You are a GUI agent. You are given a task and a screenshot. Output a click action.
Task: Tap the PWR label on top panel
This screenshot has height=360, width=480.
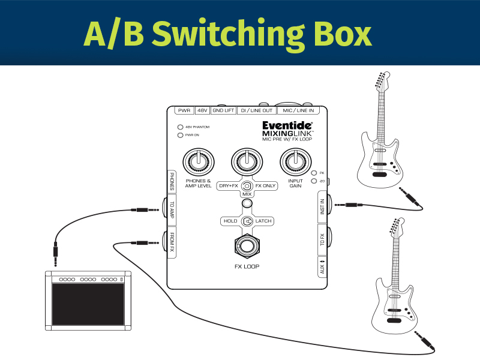pos(184,111)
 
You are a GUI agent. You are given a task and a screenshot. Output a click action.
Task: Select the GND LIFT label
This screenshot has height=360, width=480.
pos(223,111)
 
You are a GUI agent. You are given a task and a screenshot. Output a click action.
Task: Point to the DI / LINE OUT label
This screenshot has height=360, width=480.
pos(256,111)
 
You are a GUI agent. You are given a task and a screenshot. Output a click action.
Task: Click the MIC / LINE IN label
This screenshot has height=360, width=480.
pos(298,111)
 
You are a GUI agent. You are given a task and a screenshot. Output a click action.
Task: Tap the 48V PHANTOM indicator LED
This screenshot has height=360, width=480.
pos(180,127)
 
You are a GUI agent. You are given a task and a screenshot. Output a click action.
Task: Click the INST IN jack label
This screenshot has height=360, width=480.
pos(323,207)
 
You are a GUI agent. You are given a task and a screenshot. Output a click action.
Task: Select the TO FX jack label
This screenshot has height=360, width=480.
pos(323,240)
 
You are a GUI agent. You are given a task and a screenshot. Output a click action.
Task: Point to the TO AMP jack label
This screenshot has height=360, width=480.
pos(172,211)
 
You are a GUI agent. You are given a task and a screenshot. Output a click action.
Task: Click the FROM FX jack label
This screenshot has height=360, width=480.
pos(172,242)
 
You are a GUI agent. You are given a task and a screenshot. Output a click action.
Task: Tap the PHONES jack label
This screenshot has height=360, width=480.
pos(172,181)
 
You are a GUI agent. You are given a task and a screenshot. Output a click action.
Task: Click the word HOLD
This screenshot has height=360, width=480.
pos(230,221)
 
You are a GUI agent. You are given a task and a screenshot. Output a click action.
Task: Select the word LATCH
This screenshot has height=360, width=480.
pos(263,221)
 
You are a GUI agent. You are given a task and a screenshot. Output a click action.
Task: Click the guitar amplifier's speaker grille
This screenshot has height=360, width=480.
pos(88,304)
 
